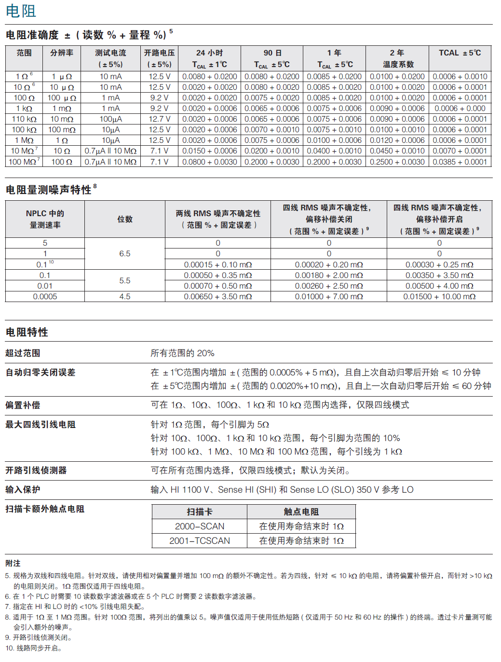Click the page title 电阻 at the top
21,11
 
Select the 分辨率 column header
62,53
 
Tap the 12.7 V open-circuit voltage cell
160,119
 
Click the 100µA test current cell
111,119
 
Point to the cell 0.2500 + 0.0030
397,162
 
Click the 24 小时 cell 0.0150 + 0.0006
209,151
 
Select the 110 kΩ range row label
24,119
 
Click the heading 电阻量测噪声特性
49,190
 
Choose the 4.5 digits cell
125,296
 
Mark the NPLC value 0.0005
45,296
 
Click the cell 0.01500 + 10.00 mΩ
439,296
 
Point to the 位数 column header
125,219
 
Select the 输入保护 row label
23,489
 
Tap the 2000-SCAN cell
200,526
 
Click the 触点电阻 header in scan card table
301,511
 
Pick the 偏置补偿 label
23,405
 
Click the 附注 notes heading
13,563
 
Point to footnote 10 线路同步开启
34,648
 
